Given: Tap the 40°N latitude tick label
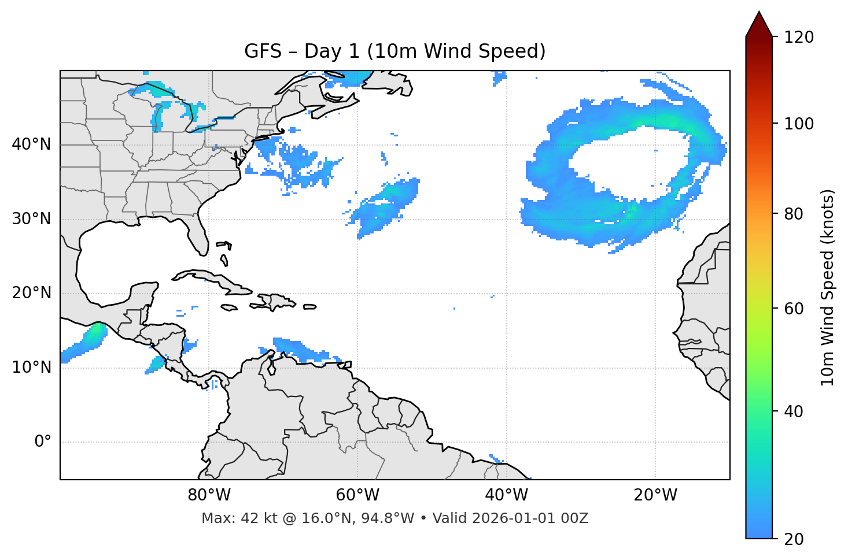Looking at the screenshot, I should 31,144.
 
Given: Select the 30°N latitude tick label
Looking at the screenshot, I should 31,219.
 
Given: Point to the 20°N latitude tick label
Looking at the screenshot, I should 31,293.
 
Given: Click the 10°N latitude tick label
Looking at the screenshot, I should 31,368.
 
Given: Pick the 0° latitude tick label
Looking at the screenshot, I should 42,442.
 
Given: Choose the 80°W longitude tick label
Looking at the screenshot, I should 209,495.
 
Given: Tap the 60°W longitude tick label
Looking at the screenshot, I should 357,495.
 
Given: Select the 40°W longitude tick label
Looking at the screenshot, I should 506,495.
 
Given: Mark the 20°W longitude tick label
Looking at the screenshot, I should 655,495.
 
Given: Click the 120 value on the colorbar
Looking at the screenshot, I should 799,37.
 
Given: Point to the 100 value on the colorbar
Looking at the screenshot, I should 799,124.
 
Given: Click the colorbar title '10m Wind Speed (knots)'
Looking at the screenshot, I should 828,287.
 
